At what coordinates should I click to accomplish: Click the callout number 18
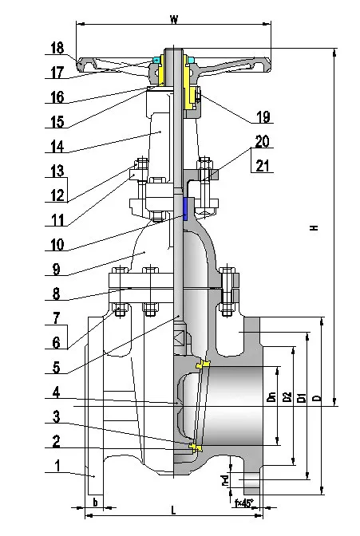55,48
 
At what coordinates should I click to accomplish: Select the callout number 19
263,117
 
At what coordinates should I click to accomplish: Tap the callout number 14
55,148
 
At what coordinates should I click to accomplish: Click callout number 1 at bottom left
55,466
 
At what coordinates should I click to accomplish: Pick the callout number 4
55,392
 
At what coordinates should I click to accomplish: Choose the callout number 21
263,165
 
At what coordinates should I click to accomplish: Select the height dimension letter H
315,228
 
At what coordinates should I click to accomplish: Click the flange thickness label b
95,503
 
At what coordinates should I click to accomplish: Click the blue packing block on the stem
185,210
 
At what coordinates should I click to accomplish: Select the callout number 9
55,270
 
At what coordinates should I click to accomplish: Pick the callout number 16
55,97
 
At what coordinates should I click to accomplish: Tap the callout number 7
55,318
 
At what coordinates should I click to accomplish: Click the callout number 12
55,194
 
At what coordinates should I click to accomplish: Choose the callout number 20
263,141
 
